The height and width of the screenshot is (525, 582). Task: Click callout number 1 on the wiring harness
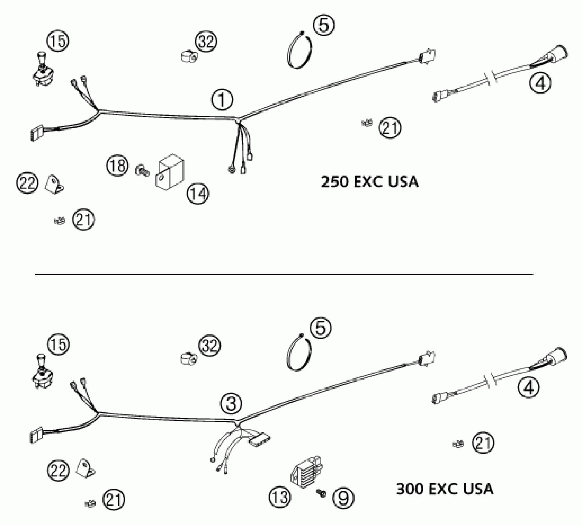pyautogui.click(x=222, y=100)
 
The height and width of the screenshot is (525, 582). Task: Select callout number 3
pyautogui.click(x=231, y=403)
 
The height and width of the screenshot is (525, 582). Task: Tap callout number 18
pyautogui.click(x=117, y=166)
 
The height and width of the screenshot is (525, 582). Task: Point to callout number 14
pyautogui.click(x=198, y=194)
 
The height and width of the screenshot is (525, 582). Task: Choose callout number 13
pyautogui.click(x=280, y=497)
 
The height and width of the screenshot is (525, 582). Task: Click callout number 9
pyautogui.click(x=343, y=498)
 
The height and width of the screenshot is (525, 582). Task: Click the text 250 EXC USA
pyautogui.click(x=370, y=182)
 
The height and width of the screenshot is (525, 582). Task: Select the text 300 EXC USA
pyautogui.click(x=445, y=489)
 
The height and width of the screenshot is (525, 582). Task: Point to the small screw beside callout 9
pyautogui.click(x=321, y=493)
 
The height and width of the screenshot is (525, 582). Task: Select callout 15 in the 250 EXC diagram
pyautogui.click(x=58, y=41)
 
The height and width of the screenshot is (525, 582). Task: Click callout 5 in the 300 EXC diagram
pyautogui.click(x=321, y=328)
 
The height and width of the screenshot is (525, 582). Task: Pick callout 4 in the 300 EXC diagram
pyautogui.click(x=529, y=387)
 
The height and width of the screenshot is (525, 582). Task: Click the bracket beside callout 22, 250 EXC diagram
pyautogui.click(x=54, y=185)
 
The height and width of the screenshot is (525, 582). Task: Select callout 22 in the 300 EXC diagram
pyautogui.click(x=58, y=471)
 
